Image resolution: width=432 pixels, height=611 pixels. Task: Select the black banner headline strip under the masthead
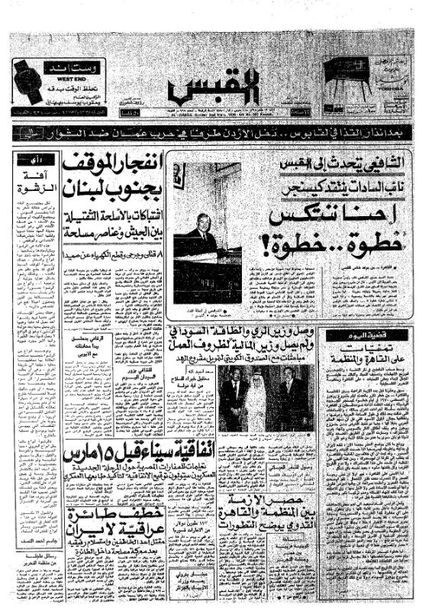[215, 132]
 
